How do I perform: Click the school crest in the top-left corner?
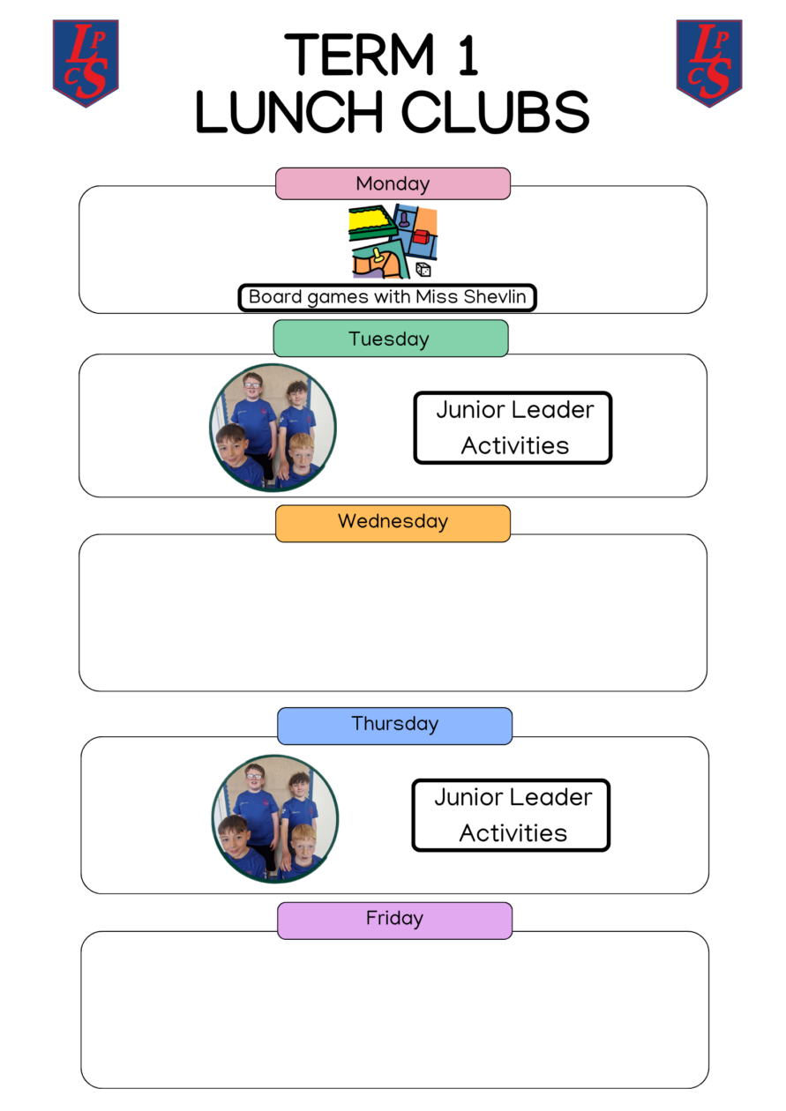86,63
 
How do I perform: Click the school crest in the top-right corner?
709,63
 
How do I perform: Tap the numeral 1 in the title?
468,55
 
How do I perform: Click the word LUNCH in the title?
289,112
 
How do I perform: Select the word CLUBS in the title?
495,112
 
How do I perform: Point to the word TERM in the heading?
360,55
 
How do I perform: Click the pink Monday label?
393,183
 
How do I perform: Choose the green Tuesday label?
391,339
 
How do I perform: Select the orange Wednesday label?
393,523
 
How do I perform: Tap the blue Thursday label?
395,726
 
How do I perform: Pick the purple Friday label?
395,920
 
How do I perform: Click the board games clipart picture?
393,241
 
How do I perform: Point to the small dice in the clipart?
423,270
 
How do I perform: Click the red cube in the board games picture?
421,237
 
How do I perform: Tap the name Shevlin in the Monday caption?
495,296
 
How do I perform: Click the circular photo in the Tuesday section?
273,428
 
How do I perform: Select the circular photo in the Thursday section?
275,818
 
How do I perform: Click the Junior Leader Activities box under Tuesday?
513,428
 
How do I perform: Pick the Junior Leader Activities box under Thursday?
511,815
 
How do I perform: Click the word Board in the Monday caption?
275,296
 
